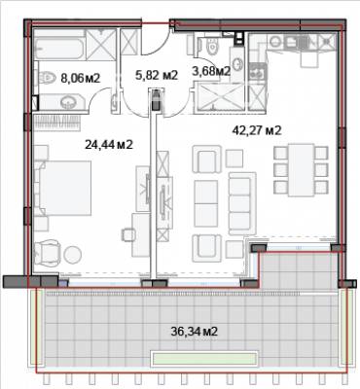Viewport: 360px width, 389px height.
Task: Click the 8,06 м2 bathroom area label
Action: coord(80,76)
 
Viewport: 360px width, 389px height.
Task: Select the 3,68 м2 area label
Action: coord(211,70)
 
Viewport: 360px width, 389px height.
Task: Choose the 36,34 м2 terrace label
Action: coord(192,332)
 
